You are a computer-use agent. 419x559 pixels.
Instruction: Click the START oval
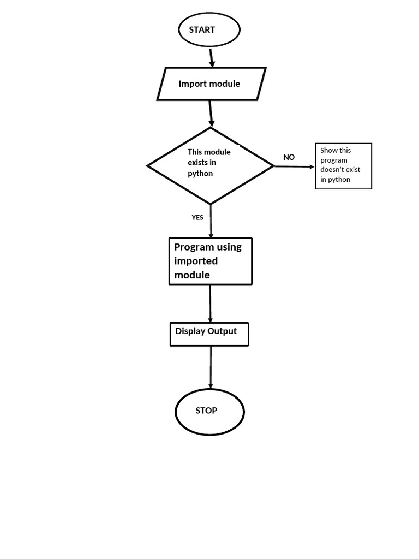[209, 30]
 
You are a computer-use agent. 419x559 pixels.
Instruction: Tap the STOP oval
[209, 412]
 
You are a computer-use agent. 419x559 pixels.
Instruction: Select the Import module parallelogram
[211, 84]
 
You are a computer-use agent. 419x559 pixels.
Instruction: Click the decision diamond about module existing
[211, 165]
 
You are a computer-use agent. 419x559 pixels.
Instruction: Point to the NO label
[289, 157]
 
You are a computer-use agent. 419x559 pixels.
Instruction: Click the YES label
[197, 217]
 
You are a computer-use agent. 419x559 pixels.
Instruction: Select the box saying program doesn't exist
[343, 166]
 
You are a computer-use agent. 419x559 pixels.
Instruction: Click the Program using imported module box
[211, 261]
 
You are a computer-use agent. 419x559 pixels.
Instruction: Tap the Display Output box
[209, 334]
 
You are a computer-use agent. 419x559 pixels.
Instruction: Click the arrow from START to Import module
[212, 57]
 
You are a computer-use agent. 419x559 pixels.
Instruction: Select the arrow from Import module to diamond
[211, 114]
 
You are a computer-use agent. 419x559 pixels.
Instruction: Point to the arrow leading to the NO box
[295, 166]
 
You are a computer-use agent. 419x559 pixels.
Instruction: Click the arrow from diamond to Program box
[211, 221]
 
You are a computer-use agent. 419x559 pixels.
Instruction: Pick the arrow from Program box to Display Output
[210, 304]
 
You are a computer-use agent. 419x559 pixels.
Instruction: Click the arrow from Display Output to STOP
[211, 367]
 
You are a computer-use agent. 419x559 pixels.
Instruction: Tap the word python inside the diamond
[200, 174]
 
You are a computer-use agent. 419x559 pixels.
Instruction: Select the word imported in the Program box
[196, 261]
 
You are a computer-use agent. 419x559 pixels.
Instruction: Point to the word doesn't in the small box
[333, 170]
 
